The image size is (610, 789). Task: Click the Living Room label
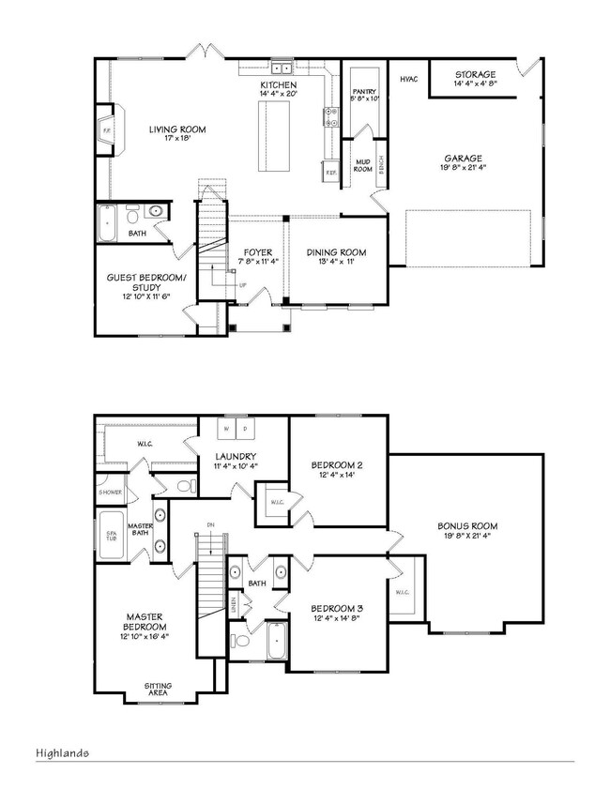click(177, 129)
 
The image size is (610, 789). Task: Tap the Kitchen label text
click(278, 84)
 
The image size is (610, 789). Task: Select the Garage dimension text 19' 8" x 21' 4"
click(463, 169)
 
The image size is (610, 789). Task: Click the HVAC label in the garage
click(408, 80)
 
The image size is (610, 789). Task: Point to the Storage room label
click(476, 74)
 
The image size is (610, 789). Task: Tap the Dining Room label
click(337, 252)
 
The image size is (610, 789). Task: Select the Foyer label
click(258, 252)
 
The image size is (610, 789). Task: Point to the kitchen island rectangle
click(275, 136)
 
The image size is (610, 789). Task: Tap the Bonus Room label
click(466, 526)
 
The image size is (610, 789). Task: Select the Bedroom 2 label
click(336, 464)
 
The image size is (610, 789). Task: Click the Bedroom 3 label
click(336, 609)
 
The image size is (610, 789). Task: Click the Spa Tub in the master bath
click(111, 537)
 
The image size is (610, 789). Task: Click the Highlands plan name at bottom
click(64, 752)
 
